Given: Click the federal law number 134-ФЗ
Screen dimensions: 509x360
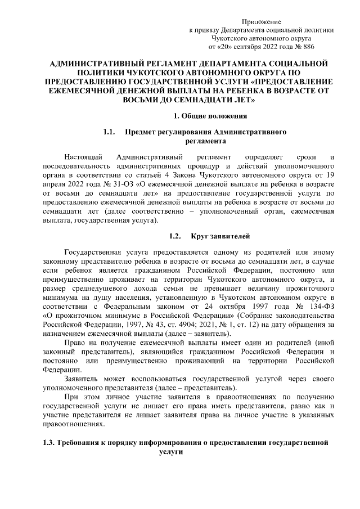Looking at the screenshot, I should [x=321, y=306].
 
